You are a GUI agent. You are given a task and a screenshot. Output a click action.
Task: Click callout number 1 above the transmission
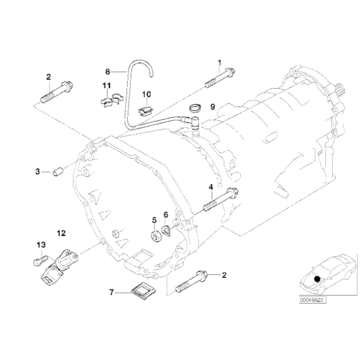pyautogui.click(x=219, y=63)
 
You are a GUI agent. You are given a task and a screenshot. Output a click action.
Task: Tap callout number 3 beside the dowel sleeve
pyautogui.click(x=37, y=171)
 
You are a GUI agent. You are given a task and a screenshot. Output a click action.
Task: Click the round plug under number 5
pyautogui.click(x=153, y=236)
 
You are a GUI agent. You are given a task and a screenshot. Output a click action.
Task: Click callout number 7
pyautogui.click(x=112, y=291)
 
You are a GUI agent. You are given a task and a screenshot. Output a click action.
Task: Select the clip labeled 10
pyautogui.click(x=145, y=110)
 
